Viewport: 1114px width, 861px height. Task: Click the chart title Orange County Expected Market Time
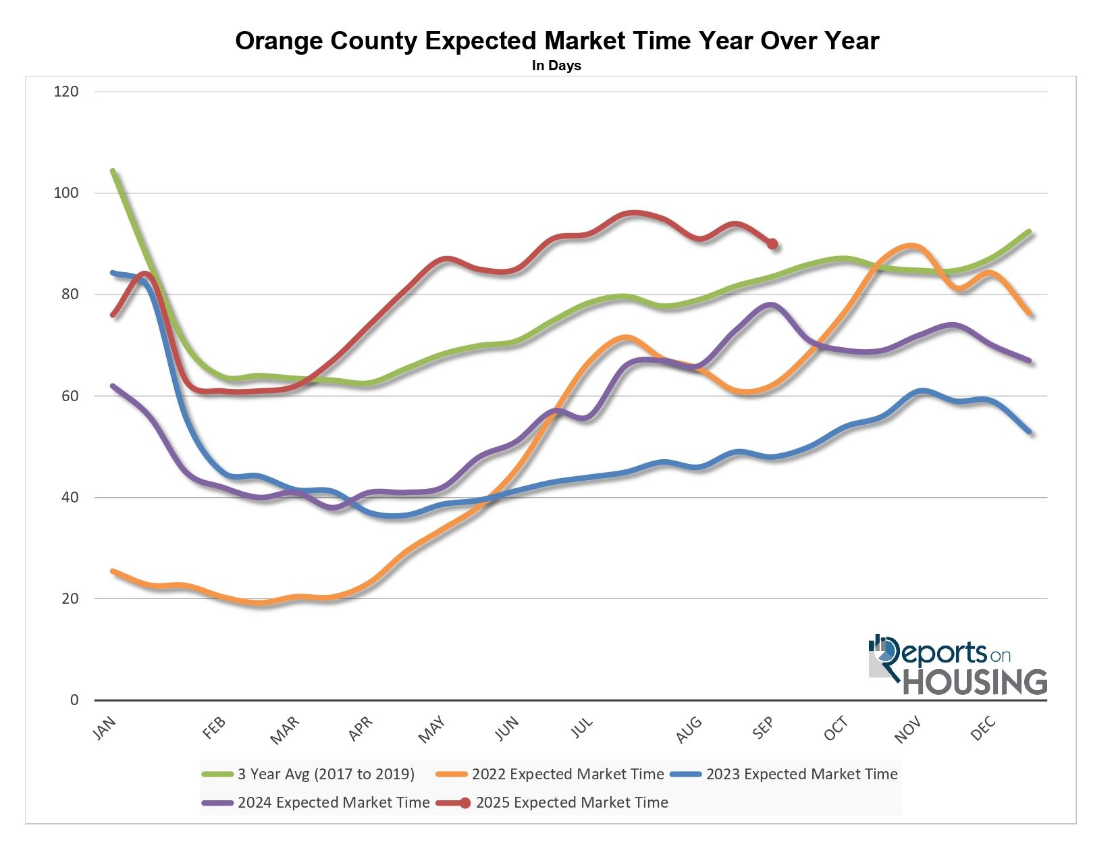coord(557,41)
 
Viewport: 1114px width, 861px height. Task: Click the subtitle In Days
coord(556,66)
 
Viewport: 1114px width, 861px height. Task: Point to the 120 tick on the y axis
coord(66,91)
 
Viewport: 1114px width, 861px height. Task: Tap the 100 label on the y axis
coord(66,193)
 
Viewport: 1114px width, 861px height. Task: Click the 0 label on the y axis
coord(74,700)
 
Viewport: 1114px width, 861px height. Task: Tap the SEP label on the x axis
coord(762,729)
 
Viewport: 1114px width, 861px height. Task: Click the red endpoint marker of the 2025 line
coord(772,244)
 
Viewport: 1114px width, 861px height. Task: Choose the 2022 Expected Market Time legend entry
coord(568,774)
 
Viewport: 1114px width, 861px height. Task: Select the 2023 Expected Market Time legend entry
coord(802,774)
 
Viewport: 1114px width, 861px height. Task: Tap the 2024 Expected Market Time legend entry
coord(334,802)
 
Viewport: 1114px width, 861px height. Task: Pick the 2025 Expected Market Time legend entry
coord(572,802)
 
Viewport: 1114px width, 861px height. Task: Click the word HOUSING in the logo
coord(975,682)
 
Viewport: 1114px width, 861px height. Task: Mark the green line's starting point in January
coord(113,172)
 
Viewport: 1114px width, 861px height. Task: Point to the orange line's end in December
coord(1029,314)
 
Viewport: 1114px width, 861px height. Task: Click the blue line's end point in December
coord(1029,432)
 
